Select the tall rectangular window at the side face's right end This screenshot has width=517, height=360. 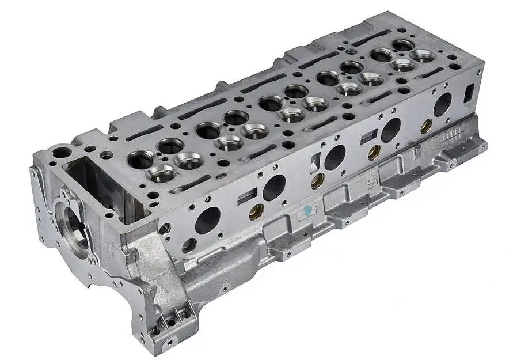pos(469,92)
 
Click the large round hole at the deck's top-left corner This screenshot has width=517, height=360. pos(62,153)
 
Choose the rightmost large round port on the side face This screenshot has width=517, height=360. pos(442,104)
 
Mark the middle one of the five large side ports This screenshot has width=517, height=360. pos(334,157)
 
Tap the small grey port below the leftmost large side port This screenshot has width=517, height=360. pos(189,245)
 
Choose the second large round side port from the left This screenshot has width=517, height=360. pos(274,187)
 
